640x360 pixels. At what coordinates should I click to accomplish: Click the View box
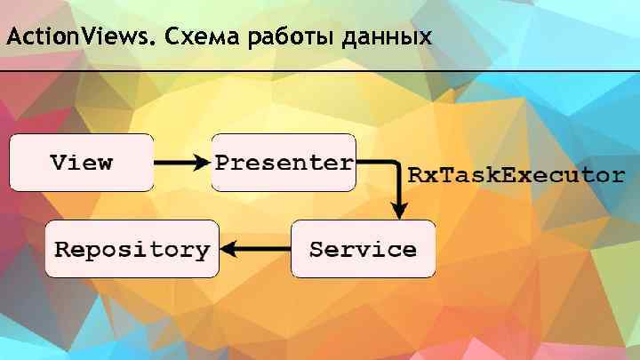pos(81,163)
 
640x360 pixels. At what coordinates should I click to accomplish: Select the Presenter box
pos(284,163)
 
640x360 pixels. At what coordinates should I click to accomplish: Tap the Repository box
pos(132,249)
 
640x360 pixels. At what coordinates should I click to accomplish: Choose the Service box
pos(364,249)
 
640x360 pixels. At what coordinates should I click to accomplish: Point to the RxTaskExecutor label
pos(516,174)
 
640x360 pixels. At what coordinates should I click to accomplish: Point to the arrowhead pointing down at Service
pos(400,212)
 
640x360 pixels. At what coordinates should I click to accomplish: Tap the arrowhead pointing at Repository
pos(228,250)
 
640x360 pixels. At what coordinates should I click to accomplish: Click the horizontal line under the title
pos(320,69)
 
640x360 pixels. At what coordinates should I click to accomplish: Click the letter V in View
pos(58,163)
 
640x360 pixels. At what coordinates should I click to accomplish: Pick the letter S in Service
pos(316,249)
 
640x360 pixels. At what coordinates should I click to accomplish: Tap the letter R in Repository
pos(61,249)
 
